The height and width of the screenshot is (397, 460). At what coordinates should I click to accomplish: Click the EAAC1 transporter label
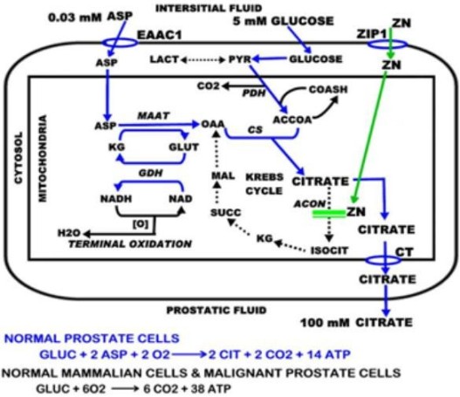[160, 35]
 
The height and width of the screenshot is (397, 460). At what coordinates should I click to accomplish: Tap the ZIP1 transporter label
[372, 34]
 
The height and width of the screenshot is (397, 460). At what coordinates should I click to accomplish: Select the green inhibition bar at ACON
[329, 214]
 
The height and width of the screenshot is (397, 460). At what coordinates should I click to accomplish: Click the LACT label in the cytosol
[164, 59]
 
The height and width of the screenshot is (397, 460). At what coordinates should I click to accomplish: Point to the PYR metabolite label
[240, 59]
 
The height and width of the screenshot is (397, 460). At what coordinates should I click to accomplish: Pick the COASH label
[328, 89]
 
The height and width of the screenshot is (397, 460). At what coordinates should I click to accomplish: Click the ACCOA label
[292, 120]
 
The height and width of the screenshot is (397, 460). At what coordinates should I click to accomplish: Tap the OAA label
[213, 124]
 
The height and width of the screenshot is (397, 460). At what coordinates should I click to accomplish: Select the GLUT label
[183, 147]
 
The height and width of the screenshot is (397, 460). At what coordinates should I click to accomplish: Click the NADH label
[116, 199]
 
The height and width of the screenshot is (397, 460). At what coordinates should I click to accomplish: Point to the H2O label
[69, 233]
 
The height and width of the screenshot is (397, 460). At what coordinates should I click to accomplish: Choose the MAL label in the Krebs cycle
[223, 176]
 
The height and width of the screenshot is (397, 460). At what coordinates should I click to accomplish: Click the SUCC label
[226, 212]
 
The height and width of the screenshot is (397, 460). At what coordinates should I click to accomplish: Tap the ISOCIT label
[329, 250]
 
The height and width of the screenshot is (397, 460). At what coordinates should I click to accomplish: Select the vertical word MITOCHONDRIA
[43, 158]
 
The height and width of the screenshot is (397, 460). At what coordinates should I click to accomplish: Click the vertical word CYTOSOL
[19, 158]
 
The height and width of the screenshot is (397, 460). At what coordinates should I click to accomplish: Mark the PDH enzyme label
[254, 93]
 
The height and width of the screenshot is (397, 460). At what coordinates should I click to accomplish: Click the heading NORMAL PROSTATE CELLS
[92, 339]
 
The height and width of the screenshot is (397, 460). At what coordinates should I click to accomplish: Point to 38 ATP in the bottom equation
[210, 389]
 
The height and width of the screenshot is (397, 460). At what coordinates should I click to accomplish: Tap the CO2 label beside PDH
[209, 86]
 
